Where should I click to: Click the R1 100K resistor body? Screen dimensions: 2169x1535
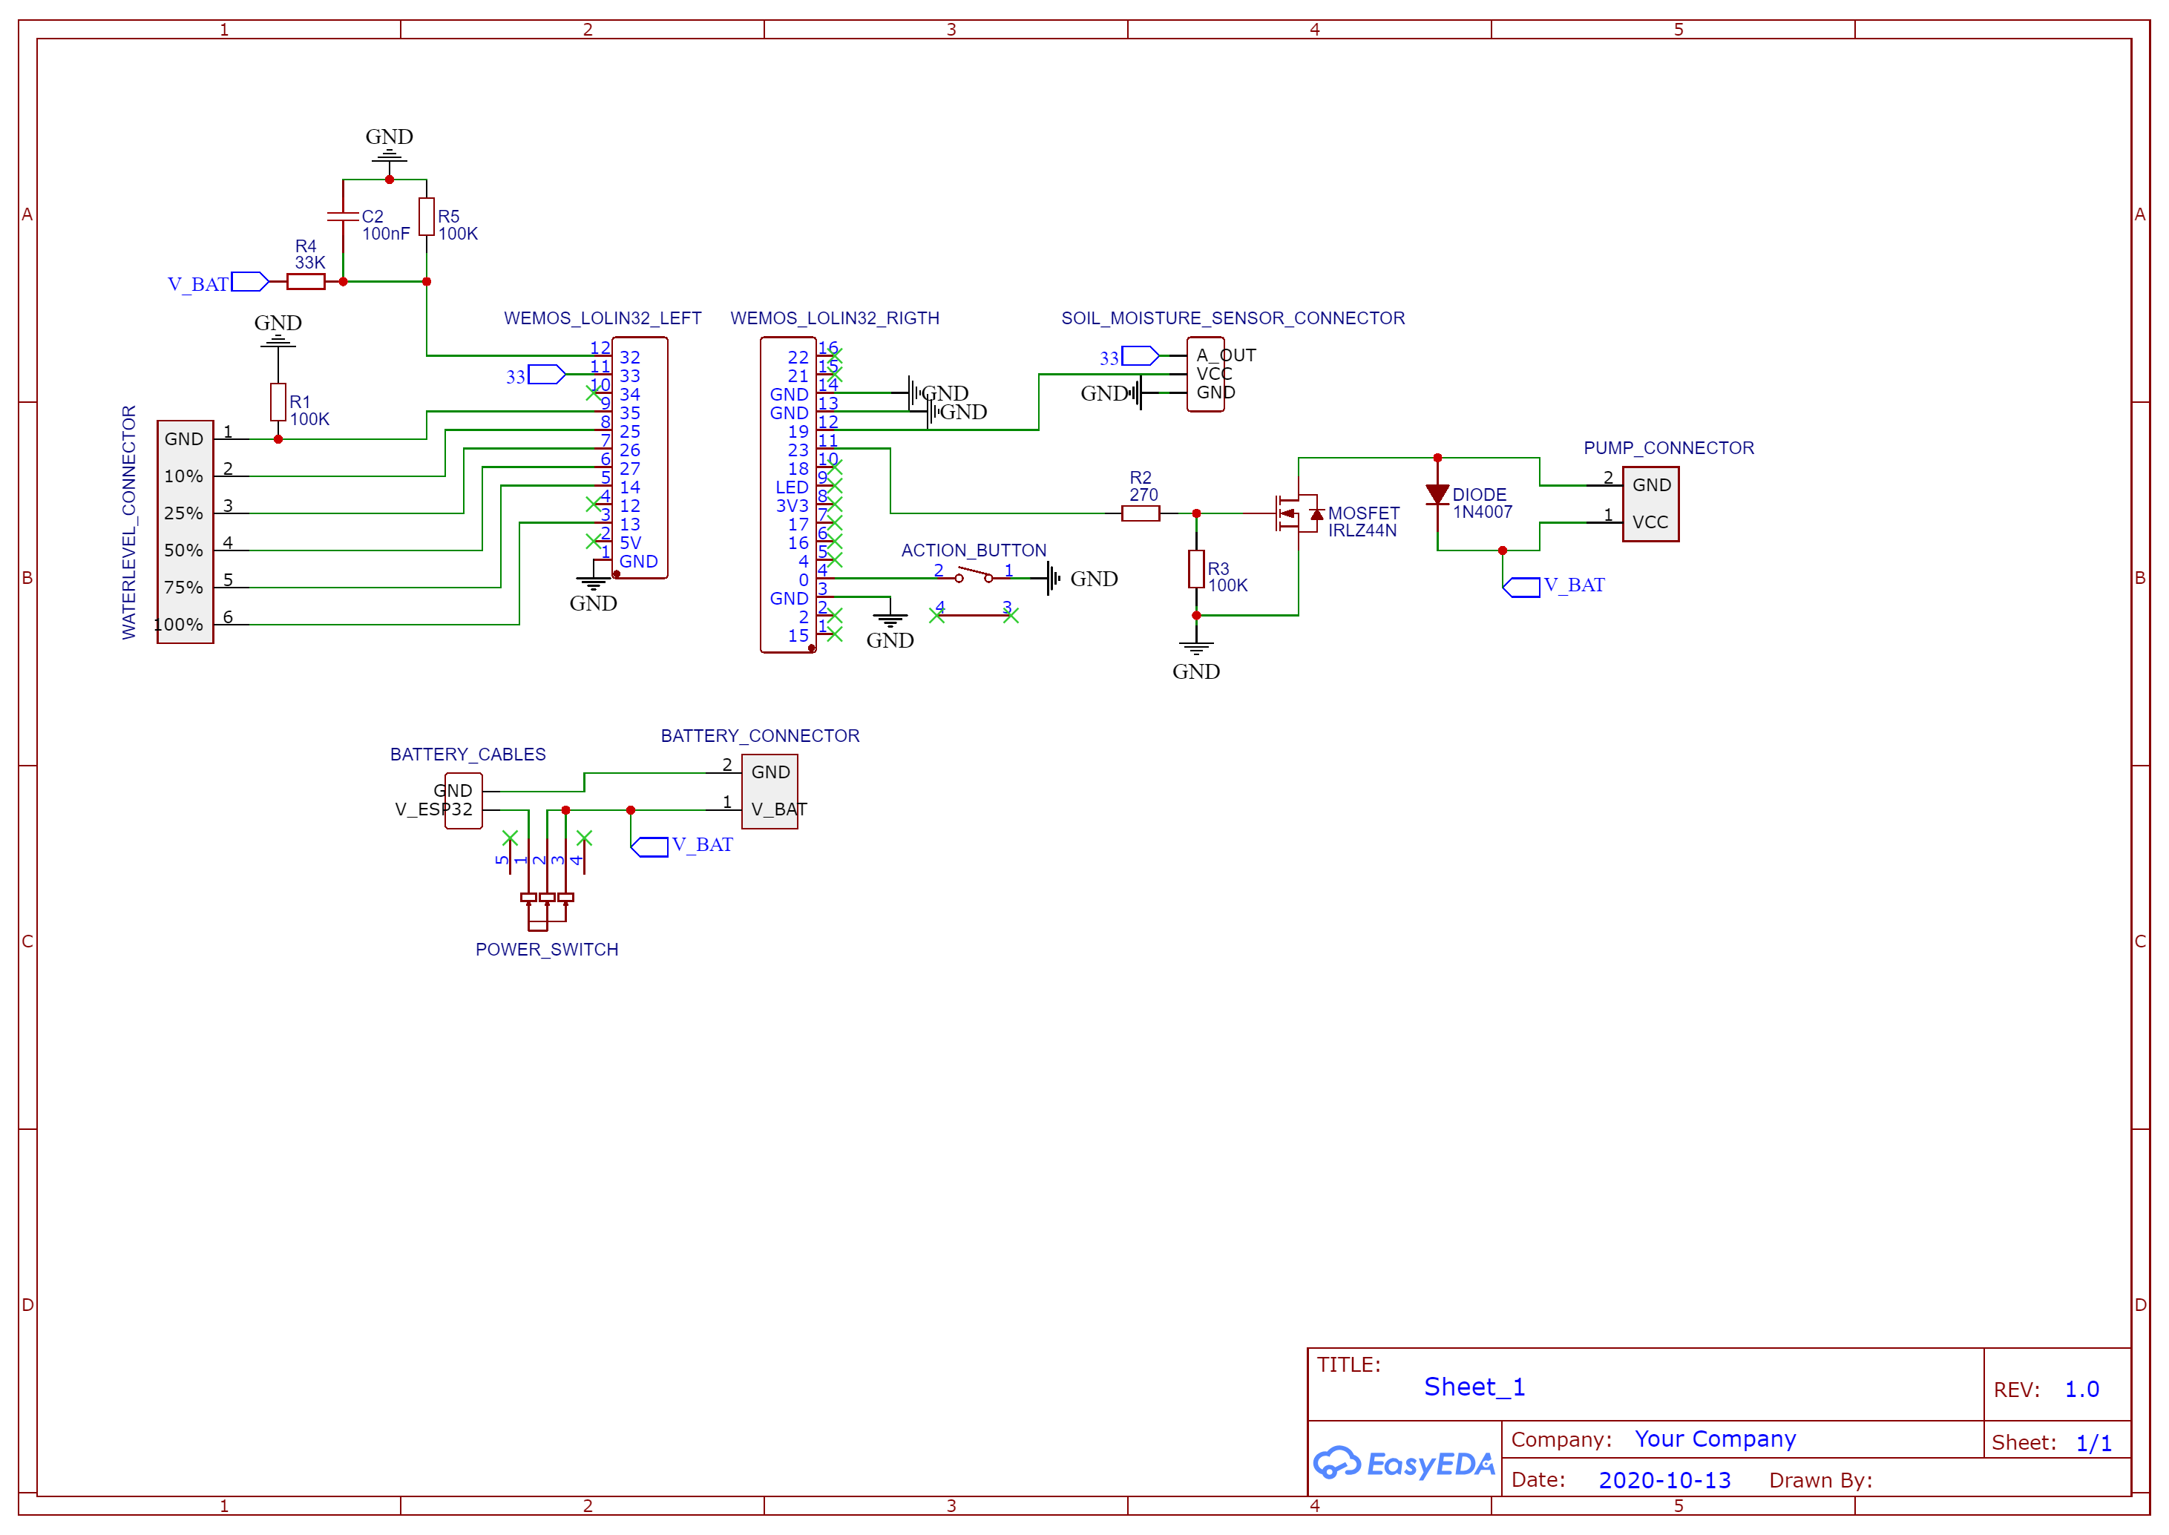tap(278, 401)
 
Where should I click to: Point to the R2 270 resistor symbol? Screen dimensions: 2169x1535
tap(1140, 513)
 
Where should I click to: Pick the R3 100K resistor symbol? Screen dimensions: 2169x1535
tap(1195, 569)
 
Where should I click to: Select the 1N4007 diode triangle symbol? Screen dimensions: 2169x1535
tap(1437, 493)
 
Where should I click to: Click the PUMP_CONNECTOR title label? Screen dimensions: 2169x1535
tap(1668, 448)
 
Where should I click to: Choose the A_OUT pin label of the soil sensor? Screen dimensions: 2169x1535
tap(1226, 355)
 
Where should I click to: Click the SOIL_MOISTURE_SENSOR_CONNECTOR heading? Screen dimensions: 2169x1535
tap(1233, 318)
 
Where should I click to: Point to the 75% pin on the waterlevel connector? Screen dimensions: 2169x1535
tap(183, 587)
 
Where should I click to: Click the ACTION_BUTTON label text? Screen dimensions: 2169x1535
tap(974, 550)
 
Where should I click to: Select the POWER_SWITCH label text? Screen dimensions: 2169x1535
tap(546, 949)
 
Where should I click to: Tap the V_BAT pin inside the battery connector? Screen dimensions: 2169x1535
tap(778, 809)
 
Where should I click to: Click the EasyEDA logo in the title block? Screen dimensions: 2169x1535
tap(1403, 1463)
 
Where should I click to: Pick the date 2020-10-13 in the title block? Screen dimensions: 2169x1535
tap(1664, 1480)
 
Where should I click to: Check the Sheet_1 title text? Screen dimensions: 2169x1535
tap(1474, 1387)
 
